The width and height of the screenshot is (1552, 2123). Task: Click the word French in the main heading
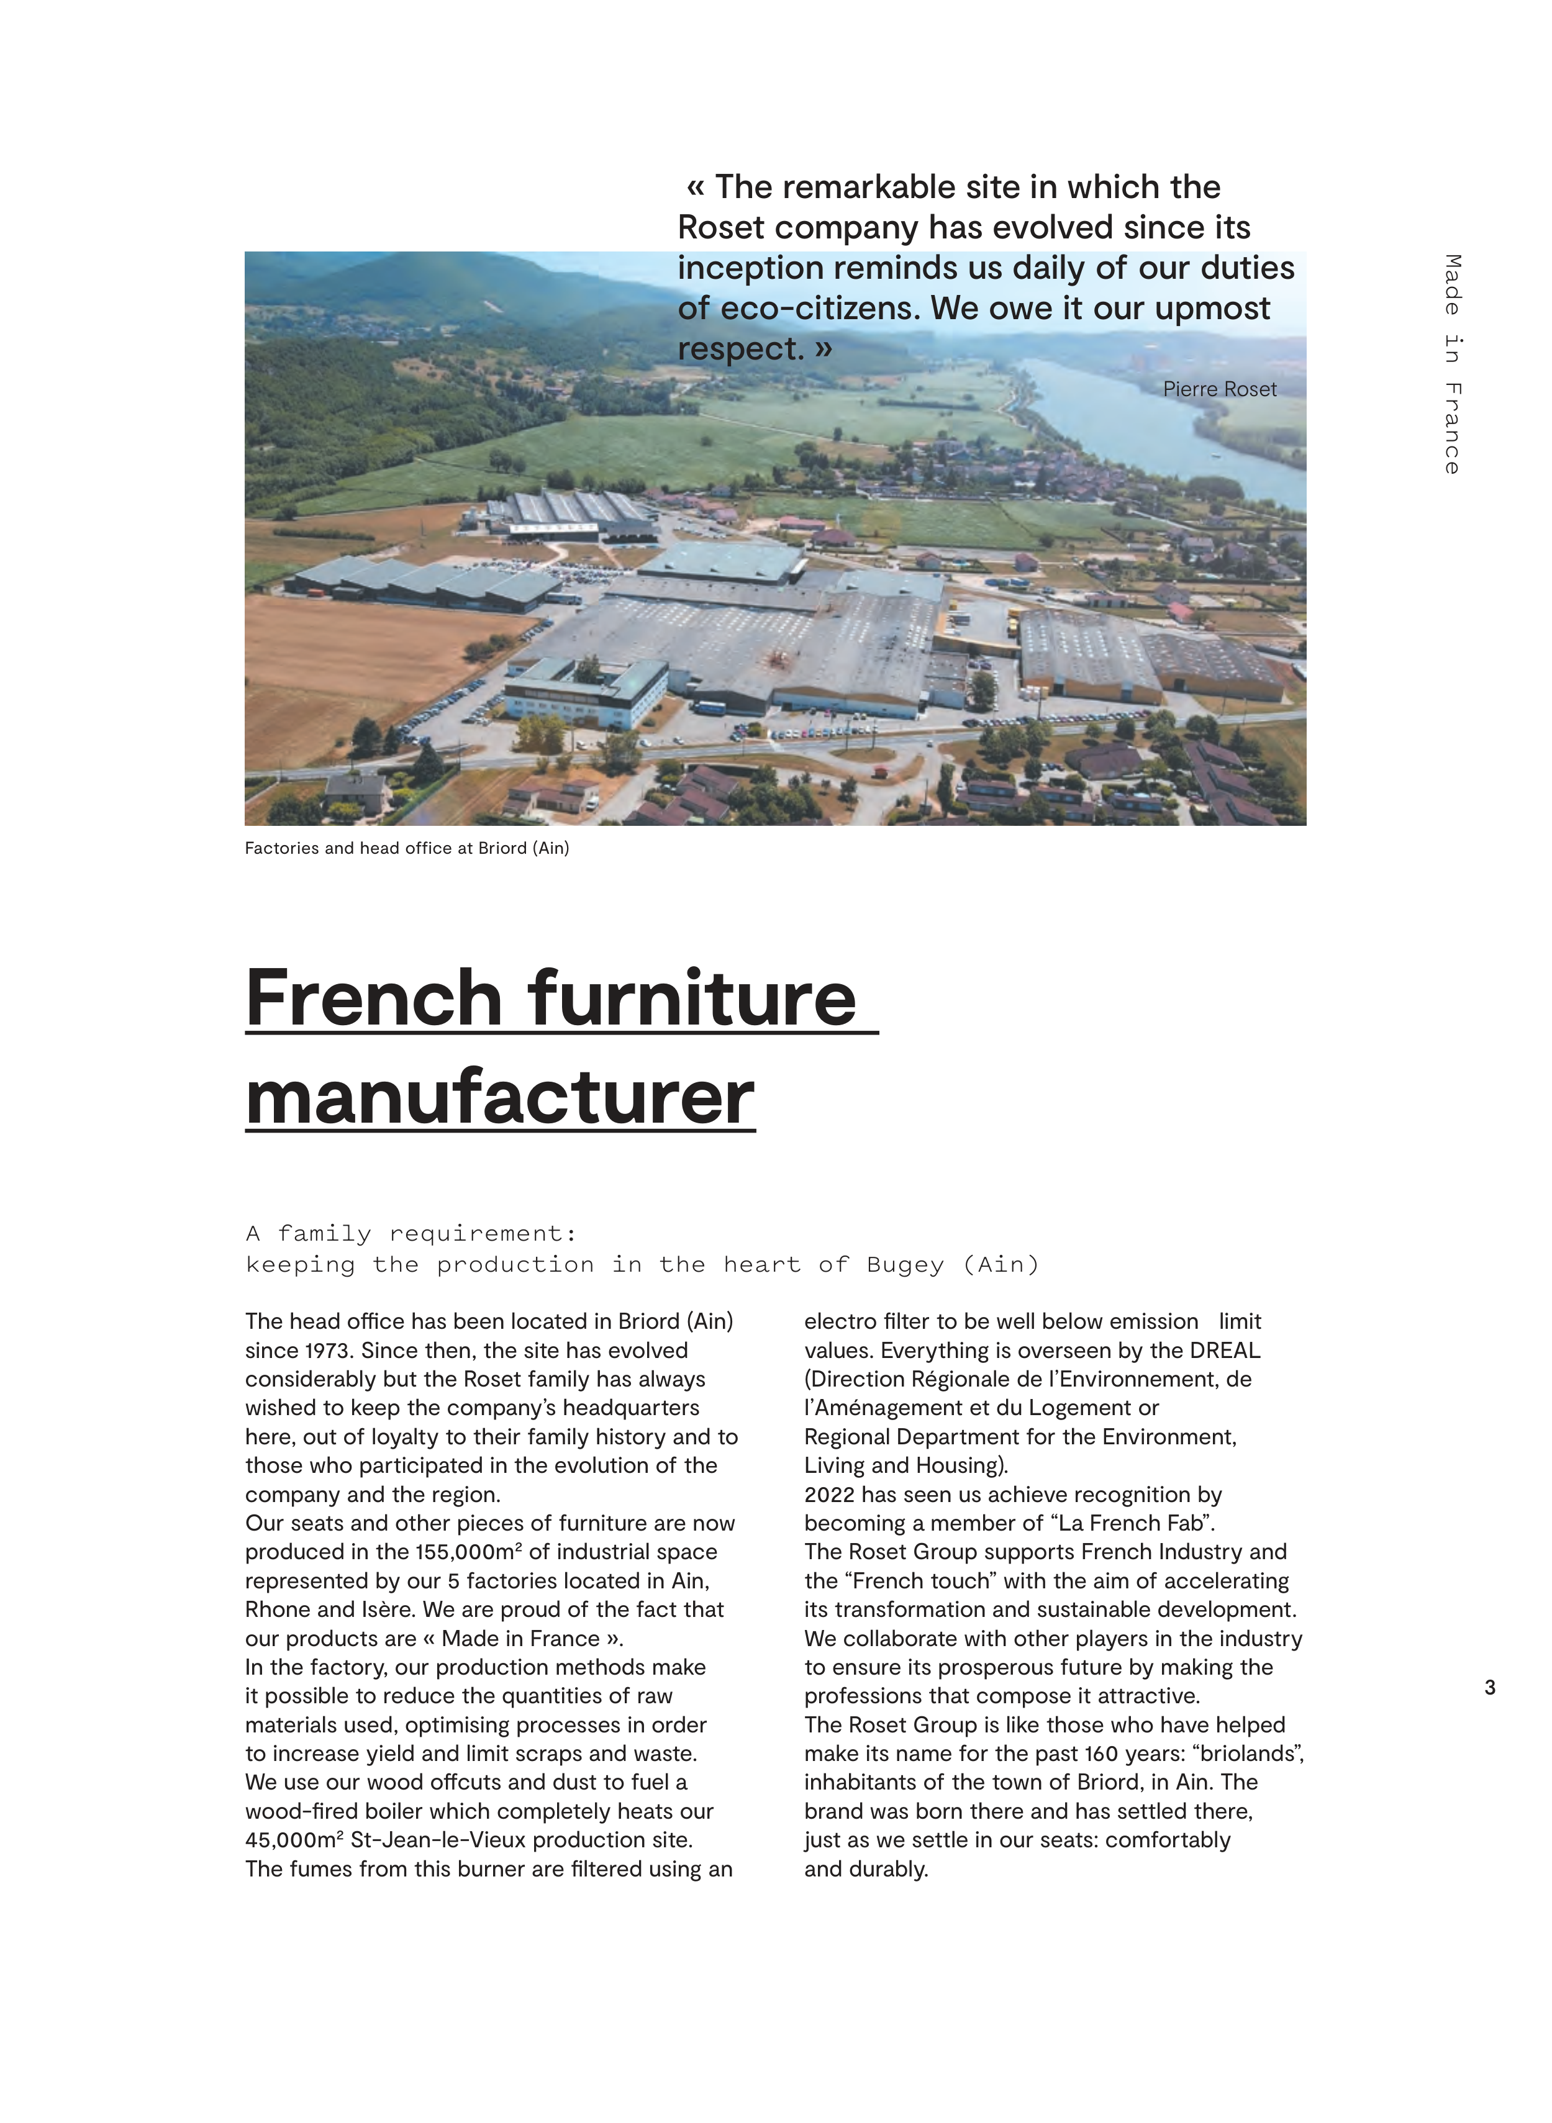click(374, 998)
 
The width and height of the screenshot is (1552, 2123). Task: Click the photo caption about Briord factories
click(407, 848)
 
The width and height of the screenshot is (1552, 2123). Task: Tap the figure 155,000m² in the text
click(468, 1552)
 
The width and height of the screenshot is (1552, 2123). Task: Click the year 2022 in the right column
click(830, 1495)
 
